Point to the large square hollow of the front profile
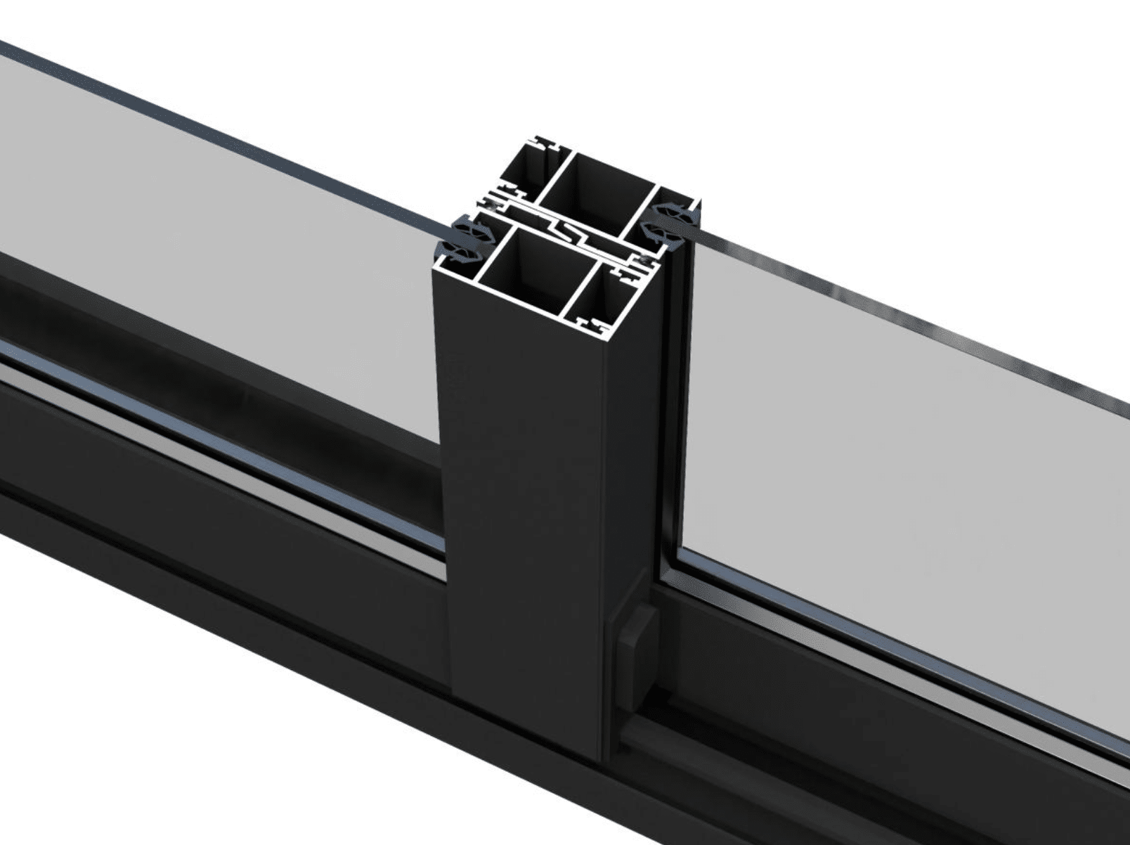[x=534, y=271]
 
